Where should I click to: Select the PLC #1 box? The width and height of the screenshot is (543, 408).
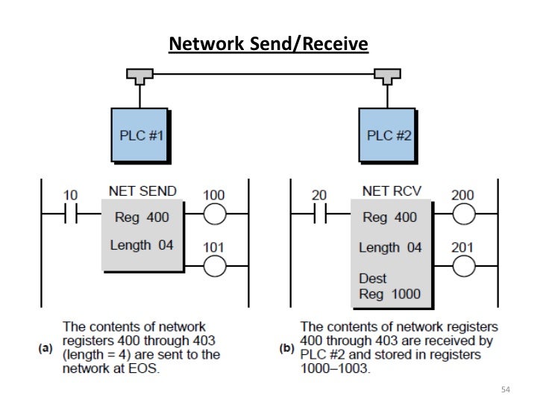(139, 136)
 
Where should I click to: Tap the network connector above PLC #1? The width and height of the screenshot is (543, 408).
(139, 75)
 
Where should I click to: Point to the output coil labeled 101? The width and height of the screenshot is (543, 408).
(213, 263)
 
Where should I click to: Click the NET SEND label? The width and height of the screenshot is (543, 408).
(142, 191)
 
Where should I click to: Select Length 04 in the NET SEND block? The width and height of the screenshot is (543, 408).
(142, 244)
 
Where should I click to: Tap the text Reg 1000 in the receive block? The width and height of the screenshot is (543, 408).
(390, 294)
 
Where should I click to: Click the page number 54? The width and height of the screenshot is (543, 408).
(506, 389)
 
